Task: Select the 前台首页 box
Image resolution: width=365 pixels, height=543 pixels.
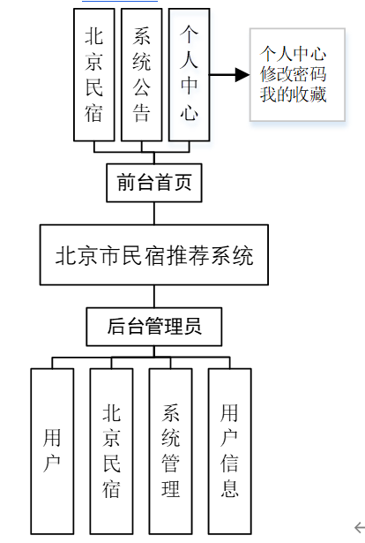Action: [x=154, y=183]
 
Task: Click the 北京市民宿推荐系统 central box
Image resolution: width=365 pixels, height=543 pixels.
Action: [x=154, y=256]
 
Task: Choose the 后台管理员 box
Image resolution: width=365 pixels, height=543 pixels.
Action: [x=154, y=327]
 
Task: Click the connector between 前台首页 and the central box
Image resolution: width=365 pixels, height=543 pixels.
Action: [x=154, y=213]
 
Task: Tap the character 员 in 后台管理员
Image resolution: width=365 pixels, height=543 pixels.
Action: [x=193, y=327]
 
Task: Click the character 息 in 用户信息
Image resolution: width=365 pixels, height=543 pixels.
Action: [x=229, y=487]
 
